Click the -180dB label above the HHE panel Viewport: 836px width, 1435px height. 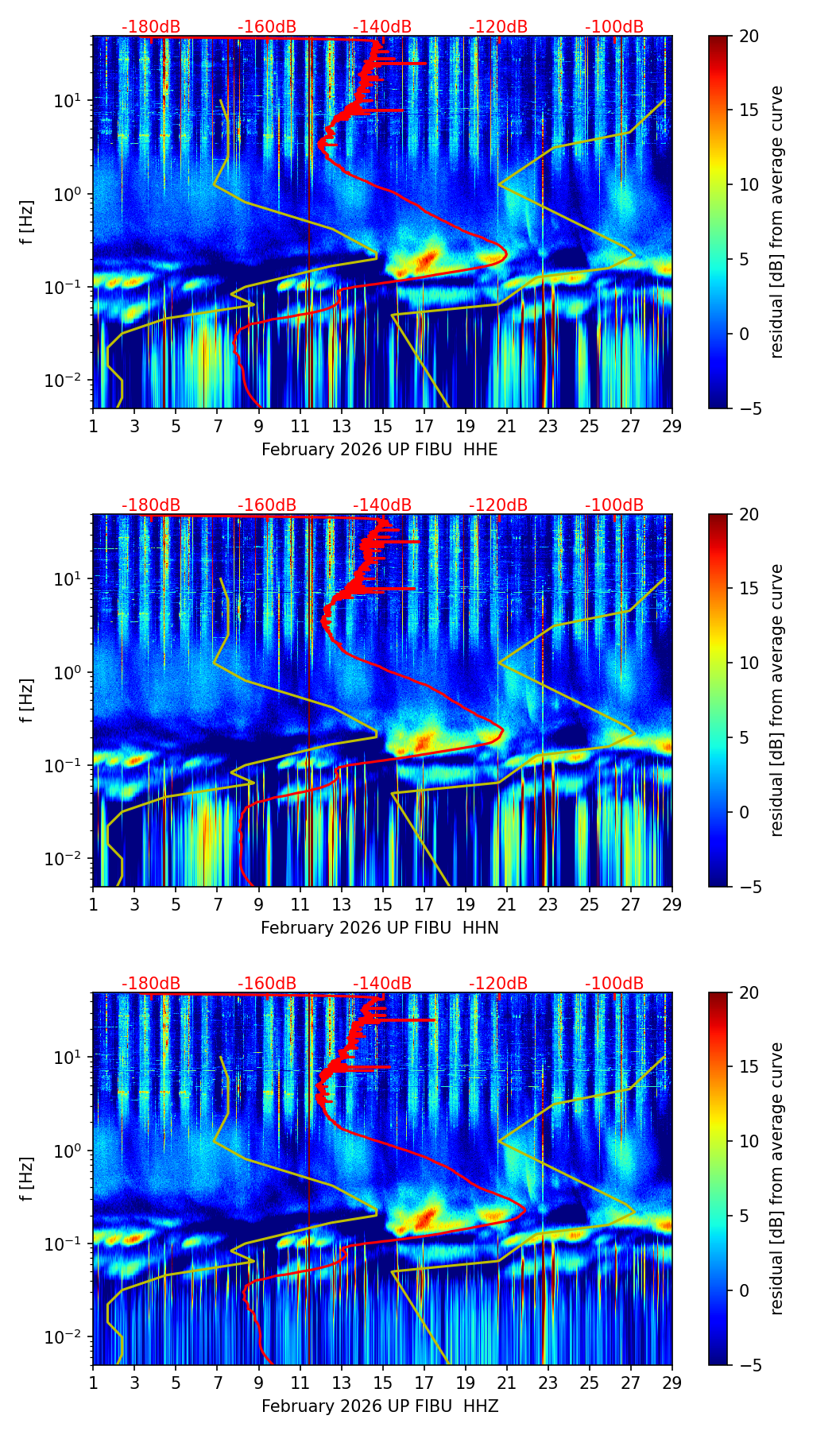pos(151,27)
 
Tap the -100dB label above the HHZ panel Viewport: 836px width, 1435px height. pos(614,984)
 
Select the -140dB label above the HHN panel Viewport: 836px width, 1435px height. pos(382,505)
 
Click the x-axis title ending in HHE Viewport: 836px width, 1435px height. pos(380,450)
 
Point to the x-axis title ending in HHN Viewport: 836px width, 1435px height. pos(380,928)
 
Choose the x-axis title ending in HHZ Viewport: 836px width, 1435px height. pos(380,1406)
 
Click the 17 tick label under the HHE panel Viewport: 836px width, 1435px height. pos(424,426)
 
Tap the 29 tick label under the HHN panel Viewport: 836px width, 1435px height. pos(672,904)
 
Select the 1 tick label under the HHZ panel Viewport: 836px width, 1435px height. pos(93,1383)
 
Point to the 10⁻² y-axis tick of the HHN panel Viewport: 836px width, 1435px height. pos(61,860)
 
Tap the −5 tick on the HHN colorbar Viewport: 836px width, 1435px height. pos(751,887)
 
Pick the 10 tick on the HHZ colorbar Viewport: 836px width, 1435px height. pos(750,1141)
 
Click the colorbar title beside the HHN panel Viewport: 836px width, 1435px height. pos(776,700)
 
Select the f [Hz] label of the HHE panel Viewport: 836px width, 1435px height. pos(27,222)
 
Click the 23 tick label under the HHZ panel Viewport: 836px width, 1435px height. pos(548,1383)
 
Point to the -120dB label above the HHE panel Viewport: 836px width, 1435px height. pos(498,27)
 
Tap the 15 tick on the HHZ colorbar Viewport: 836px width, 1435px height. pos(750,1066)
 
